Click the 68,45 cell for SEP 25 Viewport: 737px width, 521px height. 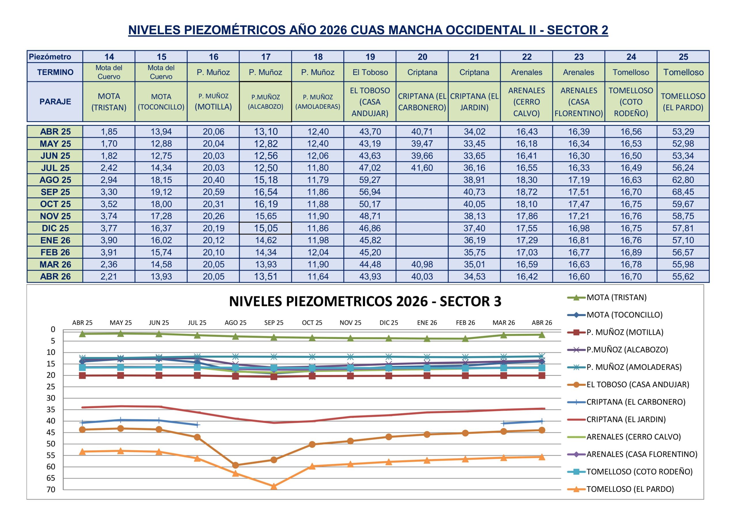(683, 192)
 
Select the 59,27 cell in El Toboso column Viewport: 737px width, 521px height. (370, 180)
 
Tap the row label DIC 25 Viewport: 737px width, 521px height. (55, 228)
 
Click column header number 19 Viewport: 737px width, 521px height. (370, 57)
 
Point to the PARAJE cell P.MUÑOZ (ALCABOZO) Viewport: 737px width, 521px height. (265, 102)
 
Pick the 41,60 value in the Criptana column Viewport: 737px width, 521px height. (422, 168)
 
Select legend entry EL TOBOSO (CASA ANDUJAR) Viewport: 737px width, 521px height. (637, 384)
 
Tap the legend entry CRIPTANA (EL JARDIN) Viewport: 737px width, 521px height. (626, 419)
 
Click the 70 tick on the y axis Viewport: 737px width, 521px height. (51, 490)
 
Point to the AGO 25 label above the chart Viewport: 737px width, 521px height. (235, 323)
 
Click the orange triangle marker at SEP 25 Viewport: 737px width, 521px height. (274, 486)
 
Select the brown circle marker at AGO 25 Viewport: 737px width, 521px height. (235, 465)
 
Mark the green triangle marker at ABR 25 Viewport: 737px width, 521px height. (83, 334)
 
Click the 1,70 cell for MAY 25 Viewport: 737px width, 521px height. (109, 144)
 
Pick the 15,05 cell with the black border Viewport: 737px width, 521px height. (265, 228)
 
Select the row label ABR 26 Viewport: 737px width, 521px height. (55, 276)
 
